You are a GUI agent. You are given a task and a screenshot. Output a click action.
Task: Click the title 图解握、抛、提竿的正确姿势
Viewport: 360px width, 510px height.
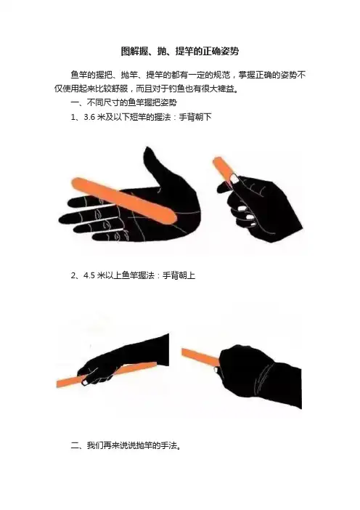coord(180,52)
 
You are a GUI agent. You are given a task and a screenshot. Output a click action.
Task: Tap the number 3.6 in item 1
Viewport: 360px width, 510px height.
coord(89,117)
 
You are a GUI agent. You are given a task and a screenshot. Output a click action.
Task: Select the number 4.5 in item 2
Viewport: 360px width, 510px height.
coord(89,275)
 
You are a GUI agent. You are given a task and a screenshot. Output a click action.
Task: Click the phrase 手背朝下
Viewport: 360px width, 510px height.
coord(195,117)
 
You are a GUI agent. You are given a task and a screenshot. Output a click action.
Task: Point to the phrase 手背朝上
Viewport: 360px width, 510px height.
coord(179,275)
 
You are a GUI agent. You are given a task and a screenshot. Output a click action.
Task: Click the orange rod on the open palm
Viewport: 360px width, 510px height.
coord(123,200)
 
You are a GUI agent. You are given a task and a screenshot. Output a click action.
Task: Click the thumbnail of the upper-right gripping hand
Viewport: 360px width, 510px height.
coord(234,178)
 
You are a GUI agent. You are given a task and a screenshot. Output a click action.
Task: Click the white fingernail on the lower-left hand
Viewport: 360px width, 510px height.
coord(85,381)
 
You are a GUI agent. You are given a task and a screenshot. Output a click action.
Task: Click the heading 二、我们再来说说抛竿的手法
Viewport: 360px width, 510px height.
coord(126,445)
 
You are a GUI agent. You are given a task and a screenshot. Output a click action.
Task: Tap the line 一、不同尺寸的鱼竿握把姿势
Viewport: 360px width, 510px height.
coord(124,102)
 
